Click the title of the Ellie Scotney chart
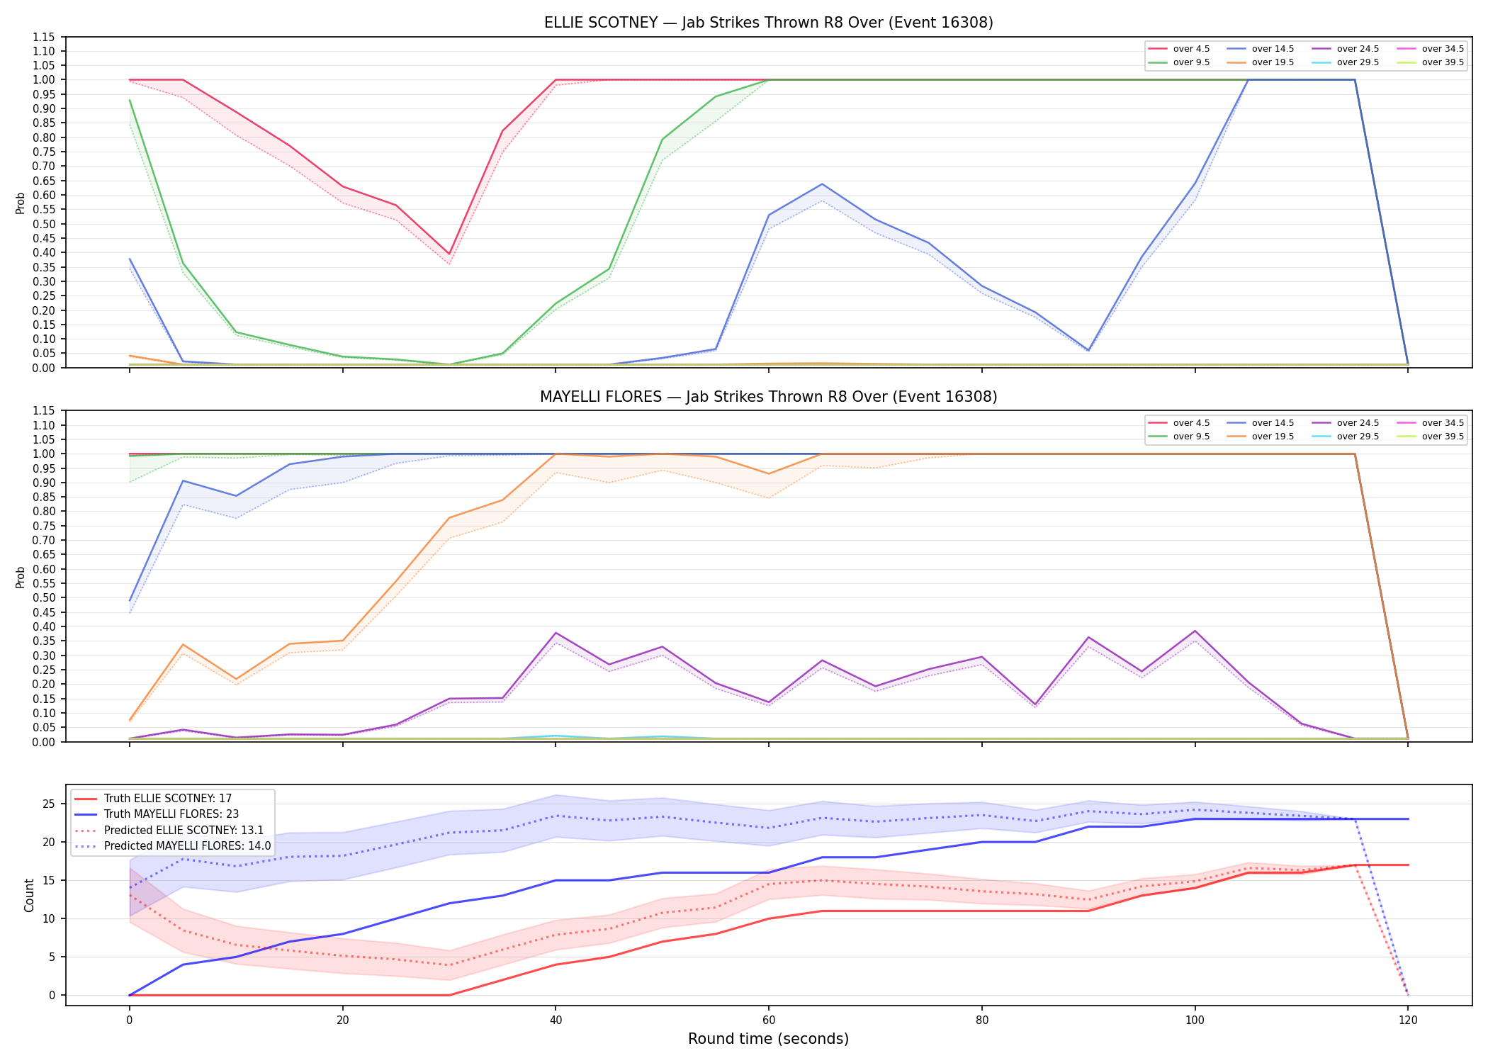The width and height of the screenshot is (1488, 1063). point(768,23)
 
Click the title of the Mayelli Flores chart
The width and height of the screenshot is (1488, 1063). point(768,397)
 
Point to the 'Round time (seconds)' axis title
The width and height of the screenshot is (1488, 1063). point(768,1039)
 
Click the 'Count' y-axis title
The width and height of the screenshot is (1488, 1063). point(29,895)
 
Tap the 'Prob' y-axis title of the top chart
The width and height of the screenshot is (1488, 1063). point(21,203)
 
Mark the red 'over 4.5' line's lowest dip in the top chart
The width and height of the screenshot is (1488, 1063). point(449,254)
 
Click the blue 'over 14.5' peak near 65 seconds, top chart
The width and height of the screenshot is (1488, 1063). point(822,184)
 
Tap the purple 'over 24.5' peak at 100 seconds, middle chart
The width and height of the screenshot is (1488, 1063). point(1195,631)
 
